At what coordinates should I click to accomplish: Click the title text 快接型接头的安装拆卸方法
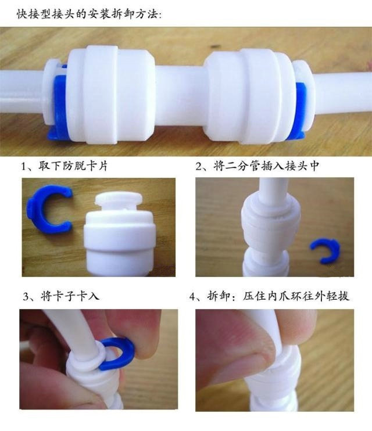tap(90, 14)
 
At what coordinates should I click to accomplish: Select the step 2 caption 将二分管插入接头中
tap(266, 166)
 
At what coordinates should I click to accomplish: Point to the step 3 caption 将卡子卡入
tap(70, 296)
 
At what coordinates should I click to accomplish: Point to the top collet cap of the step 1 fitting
tap(119, 200)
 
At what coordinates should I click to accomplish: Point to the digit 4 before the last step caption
tap(192, 297)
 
